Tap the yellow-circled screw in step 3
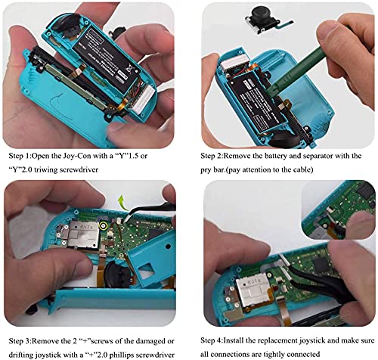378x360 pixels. click(x=103, y=226)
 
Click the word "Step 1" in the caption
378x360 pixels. click(x=20, y=156)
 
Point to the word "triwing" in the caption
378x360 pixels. click(x=46, y=169)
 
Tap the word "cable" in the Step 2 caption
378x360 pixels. click(x=303, y=169)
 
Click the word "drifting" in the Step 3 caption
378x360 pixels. click(x=22, y=355)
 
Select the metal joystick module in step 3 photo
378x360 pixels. click(x=82, y=234)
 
